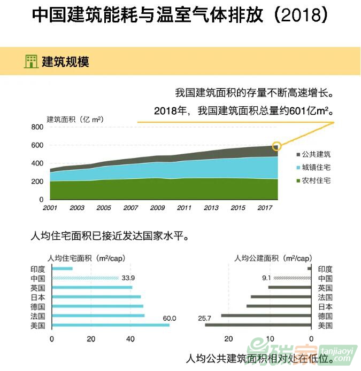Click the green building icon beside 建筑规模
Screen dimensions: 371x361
pos(31,61)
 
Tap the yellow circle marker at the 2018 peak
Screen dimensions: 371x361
pos(276,146)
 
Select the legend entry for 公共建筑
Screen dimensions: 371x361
pos(313,154)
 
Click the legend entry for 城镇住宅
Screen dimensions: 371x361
pos(313,168)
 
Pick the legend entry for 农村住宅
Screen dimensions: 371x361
pos(313,180)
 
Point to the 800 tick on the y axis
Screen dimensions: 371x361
pos(37,127)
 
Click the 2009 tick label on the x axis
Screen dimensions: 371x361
pos(157,207)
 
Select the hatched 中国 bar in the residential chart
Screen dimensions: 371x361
pos(85,278)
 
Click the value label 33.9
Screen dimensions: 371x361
pos(128,278)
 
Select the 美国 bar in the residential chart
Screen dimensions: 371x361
pos(110,325)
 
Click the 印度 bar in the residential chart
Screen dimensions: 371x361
pos(62,269)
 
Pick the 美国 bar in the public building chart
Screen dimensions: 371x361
pos(258,325)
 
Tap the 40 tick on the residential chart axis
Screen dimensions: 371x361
pos(130,338)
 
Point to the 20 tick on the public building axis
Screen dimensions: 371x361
pos(228,338)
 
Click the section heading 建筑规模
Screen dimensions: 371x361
pos(65,62)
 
